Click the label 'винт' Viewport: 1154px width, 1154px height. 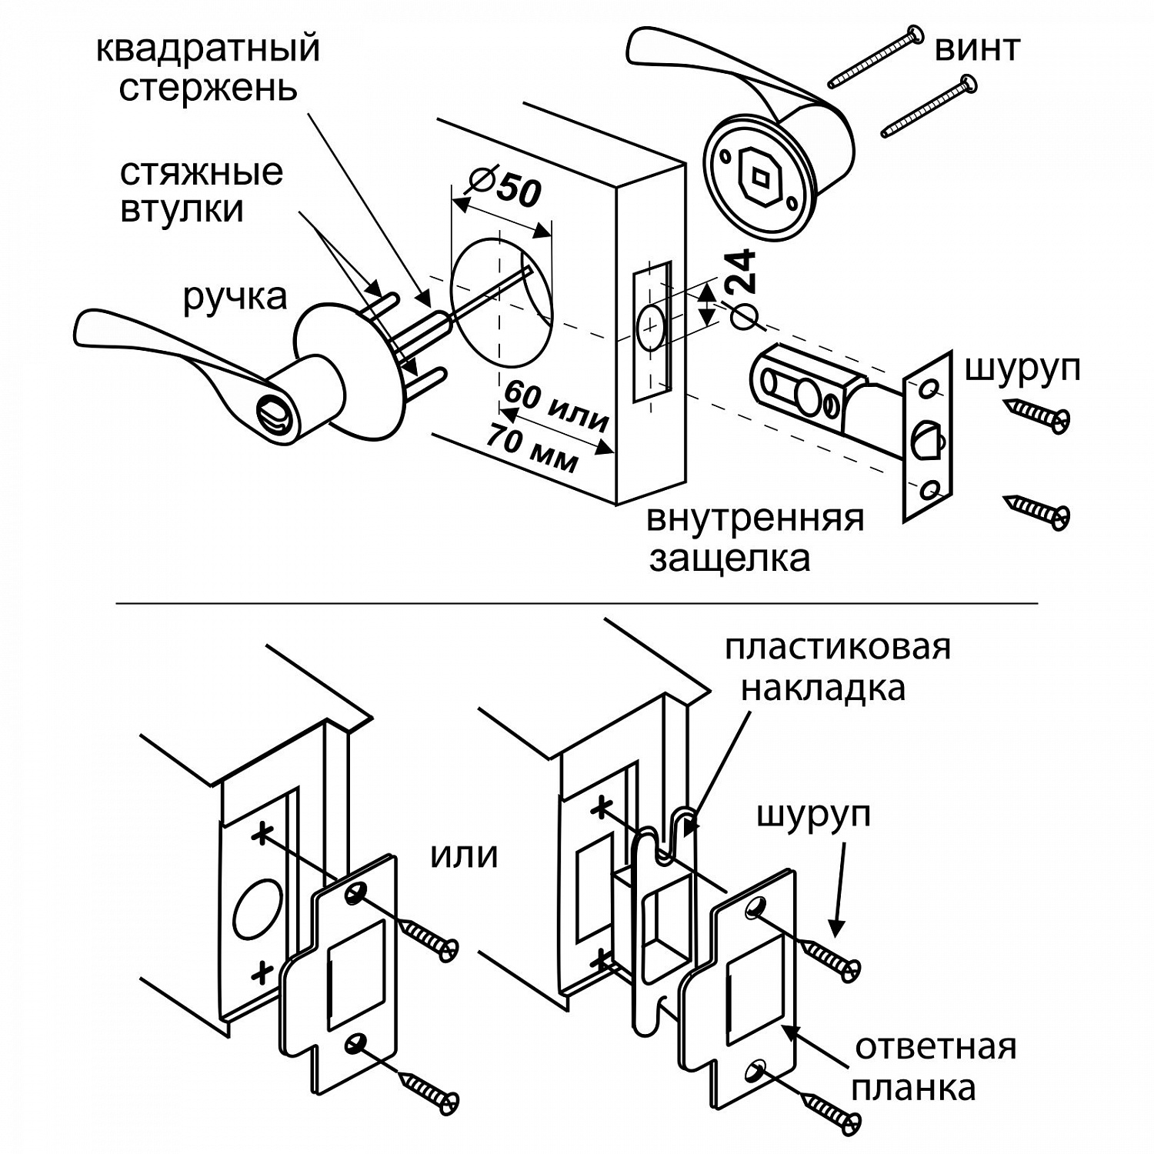click(977, 48)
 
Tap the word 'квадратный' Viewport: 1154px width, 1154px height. click(208, 48)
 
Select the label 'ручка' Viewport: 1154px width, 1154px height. click(235, 296)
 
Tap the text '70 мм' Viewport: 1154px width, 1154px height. click(532, 448)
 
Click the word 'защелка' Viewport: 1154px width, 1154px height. click(729, 558)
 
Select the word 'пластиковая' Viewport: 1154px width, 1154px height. click(837, 647)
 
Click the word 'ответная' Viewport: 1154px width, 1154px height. click(936, 1047)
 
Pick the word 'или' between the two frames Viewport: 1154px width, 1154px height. click(463, 855)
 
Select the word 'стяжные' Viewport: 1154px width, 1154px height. click(202, 172)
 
